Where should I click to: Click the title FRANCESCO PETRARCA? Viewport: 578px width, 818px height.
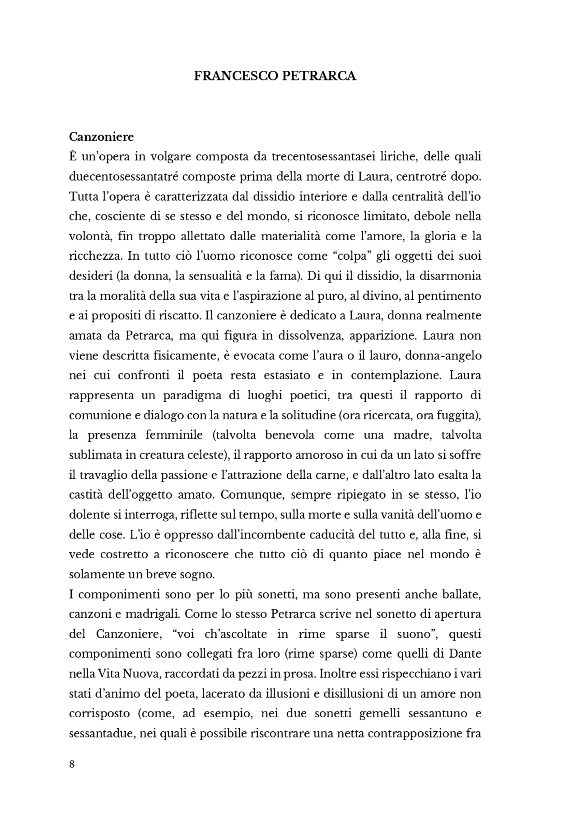[x=275, y=76]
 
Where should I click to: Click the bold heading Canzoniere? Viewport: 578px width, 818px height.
[x=101, y=136]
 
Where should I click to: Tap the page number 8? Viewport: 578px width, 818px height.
[x=72, y=764]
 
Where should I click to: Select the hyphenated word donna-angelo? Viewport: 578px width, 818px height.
[x=443, y=355]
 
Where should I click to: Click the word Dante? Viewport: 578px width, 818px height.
[x=466, y=654]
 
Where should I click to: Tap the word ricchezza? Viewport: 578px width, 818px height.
[x=95, y=256]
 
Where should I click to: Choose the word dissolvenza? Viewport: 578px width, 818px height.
[x=311, y=336]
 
